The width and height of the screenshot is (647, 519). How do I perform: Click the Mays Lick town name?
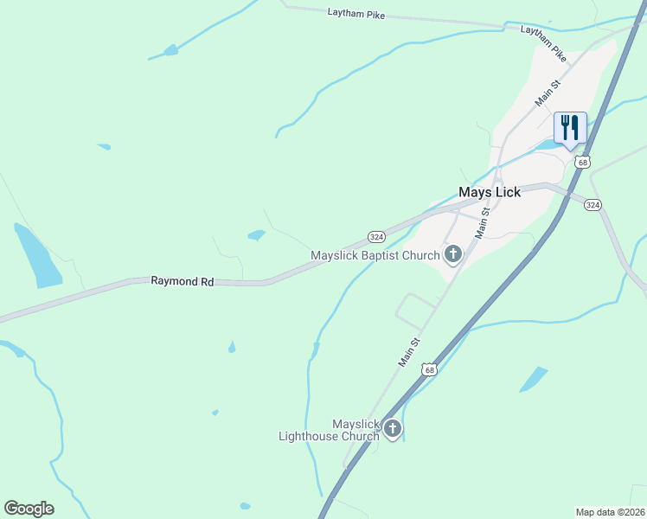click(489, 192)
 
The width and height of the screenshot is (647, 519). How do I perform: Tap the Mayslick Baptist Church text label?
click(375, 255)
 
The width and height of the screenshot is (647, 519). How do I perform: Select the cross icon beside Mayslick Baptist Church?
click(452, 253)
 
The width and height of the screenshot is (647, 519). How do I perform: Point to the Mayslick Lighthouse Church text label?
click(329, 430)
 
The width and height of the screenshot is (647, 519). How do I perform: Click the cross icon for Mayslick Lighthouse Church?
click(393, 428)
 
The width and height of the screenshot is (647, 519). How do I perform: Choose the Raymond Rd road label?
click(182, 281)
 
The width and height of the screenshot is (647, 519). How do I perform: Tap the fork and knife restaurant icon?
click(570, 128)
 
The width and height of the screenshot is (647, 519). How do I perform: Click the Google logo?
click(29, 508)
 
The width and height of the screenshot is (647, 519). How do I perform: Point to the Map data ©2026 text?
click(610, 512)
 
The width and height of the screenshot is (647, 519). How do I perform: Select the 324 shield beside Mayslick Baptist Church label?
click(375, 236)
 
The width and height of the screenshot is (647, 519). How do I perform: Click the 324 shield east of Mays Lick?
click(593, 205)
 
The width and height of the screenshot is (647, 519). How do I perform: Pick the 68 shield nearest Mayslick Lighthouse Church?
click(428, 369)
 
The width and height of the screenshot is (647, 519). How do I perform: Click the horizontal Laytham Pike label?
click(356, 14)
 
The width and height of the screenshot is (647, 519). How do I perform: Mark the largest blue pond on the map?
click(36, 257)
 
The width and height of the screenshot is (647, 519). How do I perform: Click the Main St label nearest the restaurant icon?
click(548, 93)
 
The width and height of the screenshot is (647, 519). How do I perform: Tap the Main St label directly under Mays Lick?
click(484, 223)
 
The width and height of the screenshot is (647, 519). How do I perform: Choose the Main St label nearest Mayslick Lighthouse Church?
click(410, 353)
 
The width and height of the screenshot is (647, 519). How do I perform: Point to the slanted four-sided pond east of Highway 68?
click(533, 379)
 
